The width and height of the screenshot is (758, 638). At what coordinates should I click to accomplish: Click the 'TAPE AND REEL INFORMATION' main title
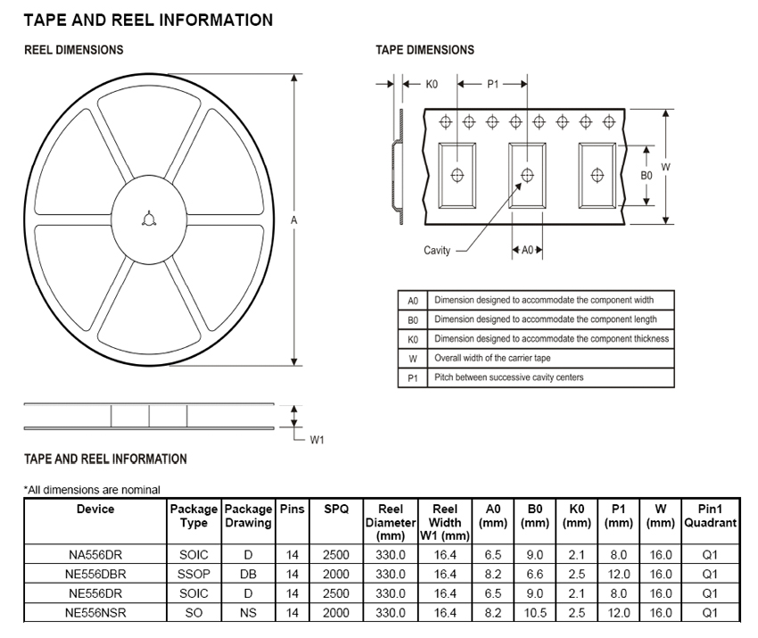click(148, 20)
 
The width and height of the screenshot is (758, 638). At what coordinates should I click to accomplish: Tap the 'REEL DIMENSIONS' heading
click(73, 50)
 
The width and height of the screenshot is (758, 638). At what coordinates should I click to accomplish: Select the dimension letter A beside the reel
click(293, 220)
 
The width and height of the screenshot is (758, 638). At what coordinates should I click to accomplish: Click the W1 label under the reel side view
click(317, 439)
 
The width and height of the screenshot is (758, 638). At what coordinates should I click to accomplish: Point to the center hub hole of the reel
click(147, 220)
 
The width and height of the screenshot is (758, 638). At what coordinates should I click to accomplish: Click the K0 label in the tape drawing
click(432, 84)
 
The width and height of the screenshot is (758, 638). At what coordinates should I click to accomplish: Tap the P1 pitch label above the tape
click(493, 84)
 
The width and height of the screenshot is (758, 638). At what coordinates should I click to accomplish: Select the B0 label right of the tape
click(647, 176)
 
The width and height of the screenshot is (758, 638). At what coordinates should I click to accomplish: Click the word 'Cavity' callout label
click(437, 251)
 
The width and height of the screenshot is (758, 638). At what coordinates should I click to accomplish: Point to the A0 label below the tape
click(526, 251)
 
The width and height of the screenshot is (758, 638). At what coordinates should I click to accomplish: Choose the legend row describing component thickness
click(550, 339)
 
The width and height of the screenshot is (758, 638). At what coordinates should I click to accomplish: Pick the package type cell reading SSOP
click(194, 574)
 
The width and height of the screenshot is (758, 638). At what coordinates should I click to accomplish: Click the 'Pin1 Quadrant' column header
click(710, 516)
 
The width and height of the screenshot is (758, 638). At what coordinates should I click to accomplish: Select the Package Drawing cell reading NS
click(248, 613)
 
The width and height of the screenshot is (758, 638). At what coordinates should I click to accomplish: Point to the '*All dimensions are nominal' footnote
click(92, 489)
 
